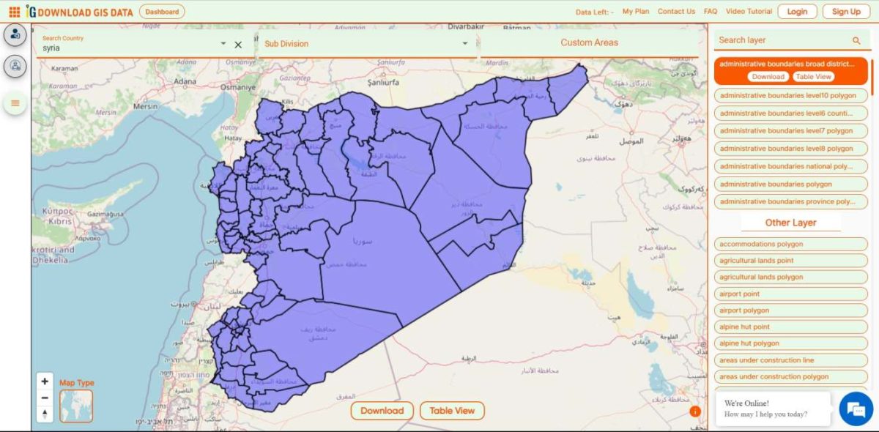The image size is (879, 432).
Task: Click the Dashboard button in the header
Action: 162,12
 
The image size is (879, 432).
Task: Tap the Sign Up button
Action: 846,12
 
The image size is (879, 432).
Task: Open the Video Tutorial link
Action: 749,12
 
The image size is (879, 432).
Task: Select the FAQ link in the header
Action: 711,12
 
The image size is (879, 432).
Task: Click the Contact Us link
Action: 676,12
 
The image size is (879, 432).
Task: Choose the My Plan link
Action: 636,12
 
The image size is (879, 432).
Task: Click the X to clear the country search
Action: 238,45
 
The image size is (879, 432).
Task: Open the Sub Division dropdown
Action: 366,44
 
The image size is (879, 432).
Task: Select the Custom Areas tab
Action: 589,42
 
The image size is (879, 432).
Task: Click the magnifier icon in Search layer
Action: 856,41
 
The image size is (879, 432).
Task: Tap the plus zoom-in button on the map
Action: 45,381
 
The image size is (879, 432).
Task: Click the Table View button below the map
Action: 452,411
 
